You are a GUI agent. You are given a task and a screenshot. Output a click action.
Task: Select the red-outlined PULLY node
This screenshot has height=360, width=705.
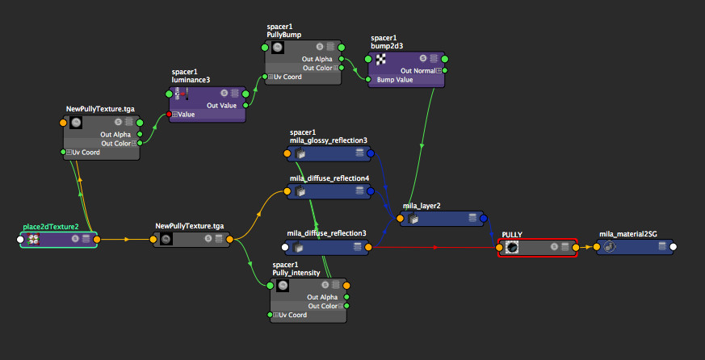tap(537, 247)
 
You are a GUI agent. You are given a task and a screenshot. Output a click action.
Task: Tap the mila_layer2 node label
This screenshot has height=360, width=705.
tap(422, 206)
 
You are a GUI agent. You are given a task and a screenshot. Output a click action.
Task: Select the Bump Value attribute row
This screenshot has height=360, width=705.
tap(395, 80)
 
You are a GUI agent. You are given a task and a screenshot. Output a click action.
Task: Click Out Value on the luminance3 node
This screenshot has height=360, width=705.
tap(222, 105)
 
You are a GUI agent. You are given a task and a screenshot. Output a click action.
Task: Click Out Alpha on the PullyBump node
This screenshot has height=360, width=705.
tap(318, 59)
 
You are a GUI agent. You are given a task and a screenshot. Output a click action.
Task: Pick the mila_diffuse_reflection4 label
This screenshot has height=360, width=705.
tap(329, 178)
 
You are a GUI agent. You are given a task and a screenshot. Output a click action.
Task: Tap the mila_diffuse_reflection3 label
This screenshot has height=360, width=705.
tap(326, 234)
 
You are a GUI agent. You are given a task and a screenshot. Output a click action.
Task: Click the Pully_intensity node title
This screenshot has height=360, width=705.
tap(296, 273)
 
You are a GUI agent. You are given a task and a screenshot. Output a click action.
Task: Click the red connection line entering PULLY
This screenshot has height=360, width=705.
tap(436, 247)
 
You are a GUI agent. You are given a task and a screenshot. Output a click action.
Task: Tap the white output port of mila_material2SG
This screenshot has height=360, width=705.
tap(673, 247)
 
